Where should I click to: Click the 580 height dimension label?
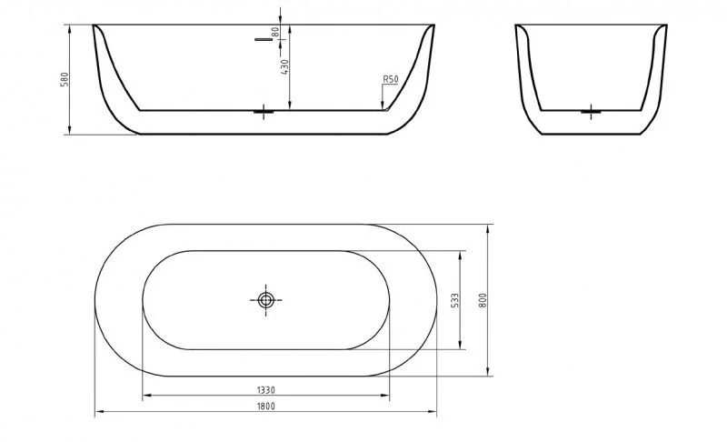(x=63, y=79)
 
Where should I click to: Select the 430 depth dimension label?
(x=284, y=68)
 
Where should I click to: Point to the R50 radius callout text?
(x=390, y=80)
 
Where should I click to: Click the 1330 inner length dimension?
(x=265, y=389)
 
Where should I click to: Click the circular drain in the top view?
(x=266, y=299)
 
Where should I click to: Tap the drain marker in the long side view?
(x=265, y=111)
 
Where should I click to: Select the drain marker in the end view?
(x=592, y=111)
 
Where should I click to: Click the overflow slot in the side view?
(x=264, y=40)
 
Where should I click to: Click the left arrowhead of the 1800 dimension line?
(x=99, y=413)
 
